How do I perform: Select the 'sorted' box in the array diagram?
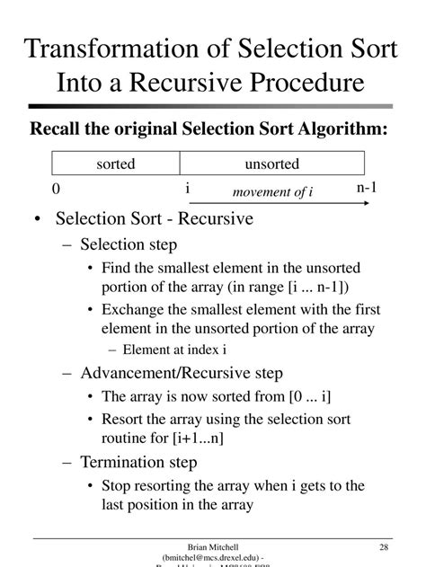pyautogui.click(x=116, y=164)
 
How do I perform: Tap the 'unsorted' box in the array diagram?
pyautogui.click(x=271, y=164)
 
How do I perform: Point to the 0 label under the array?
pyautogui.click(x=56, y=189)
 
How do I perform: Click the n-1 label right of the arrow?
pyautogui.click(x=368, y=187)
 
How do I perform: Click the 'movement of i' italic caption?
pyautogui.click(x=272, y=192)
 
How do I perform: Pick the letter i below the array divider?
pyautogui.click(x=187, y=188)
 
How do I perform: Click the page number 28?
pyautogui.click(x=384, y=547)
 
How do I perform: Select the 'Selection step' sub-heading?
pyautogui.click(x=128, y=244)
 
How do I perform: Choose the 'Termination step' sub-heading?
pyautogui.click(x=138, y=463)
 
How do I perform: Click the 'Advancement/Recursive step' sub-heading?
pyautogui.click(x=181, y=373)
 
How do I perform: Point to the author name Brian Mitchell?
pyautogui.click(x=213, y=547)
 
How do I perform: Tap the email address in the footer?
pyautogui.click(x=213, y=558)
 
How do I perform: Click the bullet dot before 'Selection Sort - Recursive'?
pyautogui.click(x=35, y=219)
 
